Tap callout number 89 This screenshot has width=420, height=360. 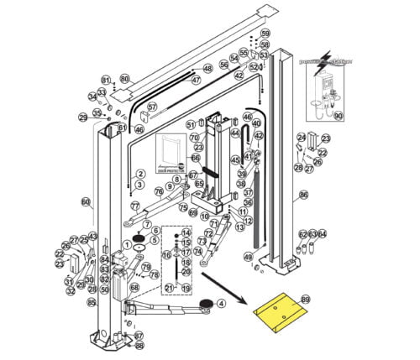[x=305, y=299]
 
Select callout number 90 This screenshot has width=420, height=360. [x=339, y=115]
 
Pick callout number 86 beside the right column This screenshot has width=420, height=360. [x=303, y=195]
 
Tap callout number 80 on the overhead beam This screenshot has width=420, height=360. [x=124, y=78]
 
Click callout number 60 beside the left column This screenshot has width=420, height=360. [x=85, y=201]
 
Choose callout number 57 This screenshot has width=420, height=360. [x=152, y=107]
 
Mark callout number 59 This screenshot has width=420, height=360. [x=265, y=34]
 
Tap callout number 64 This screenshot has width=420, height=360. [x=323, y=234]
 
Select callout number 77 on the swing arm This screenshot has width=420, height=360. [x=134, y=206]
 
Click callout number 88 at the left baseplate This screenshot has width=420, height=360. [x=139, y=344]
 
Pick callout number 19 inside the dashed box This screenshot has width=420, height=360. [x=186, y=288]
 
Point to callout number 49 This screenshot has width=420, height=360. [x=248, y=257]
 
